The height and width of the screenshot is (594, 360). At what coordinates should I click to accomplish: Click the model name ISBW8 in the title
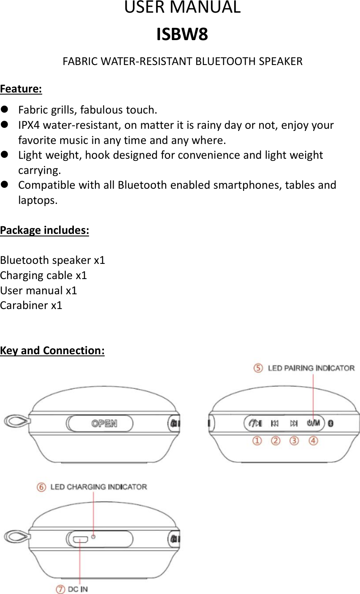click(182, 35)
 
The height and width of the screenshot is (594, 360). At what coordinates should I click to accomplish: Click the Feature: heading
click(21, 89)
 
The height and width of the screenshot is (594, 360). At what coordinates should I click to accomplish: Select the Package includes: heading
click(44, 231)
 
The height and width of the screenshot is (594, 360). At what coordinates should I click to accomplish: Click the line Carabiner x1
click(31, 305)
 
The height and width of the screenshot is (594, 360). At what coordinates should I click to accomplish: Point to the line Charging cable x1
click(43, 275)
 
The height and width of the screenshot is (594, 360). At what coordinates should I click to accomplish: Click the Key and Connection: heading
click(52, 350)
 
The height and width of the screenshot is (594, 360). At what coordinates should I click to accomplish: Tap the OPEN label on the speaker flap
click(104, 423)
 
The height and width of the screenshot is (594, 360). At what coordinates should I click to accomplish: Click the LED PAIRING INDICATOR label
click(311, 368)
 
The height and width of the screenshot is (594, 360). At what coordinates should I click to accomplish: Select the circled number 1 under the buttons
click(257, 441)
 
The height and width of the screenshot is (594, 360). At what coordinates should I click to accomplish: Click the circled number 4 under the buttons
click(313, 441)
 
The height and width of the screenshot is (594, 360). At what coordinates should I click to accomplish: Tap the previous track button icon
click(275, 423)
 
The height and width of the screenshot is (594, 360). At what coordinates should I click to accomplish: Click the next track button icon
click(294, 423)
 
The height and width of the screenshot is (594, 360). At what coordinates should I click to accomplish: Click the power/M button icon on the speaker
click(313, 423)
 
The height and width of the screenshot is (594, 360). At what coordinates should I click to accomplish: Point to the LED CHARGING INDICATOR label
click(99, 487)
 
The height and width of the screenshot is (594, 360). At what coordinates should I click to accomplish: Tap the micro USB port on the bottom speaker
click(80, 539)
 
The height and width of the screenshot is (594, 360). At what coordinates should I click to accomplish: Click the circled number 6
click(41, 487)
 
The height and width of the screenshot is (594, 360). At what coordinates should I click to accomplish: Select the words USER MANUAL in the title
click(182, 8)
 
